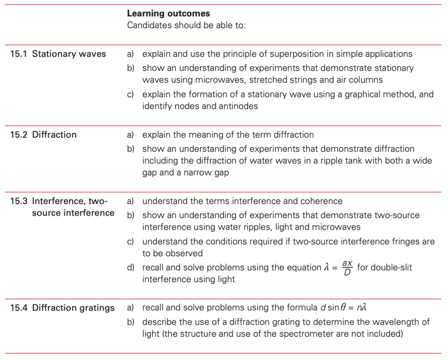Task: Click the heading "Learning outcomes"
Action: coord(168,14)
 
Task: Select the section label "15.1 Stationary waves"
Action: coord(58,54)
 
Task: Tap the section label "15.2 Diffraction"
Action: coord(44,135)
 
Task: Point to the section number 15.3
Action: coord(19,201)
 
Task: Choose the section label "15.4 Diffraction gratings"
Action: coord(62,308)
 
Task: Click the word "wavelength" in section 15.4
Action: coord(401,322)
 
